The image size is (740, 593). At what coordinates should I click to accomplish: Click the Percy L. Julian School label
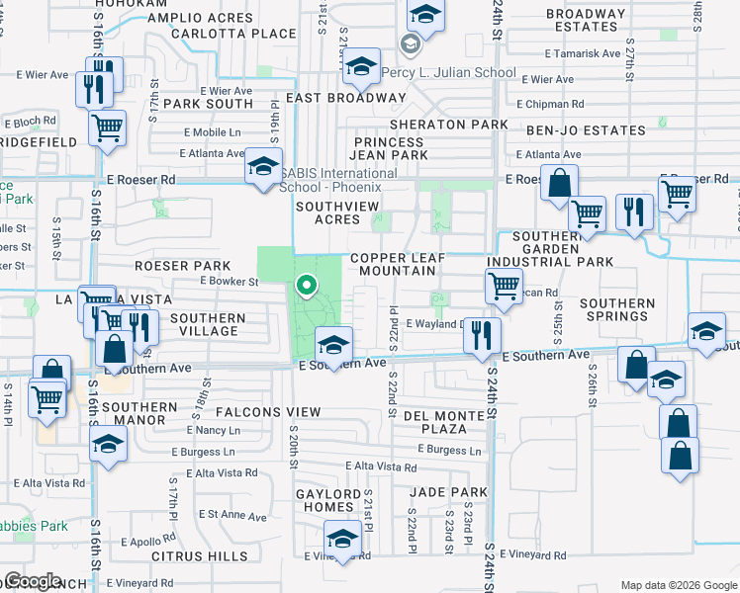[462, 72]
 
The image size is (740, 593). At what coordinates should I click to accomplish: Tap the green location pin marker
[307, 287]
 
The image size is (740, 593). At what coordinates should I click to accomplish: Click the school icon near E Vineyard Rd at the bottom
[342, 540]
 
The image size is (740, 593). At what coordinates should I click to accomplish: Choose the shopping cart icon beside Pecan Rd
[505, 286]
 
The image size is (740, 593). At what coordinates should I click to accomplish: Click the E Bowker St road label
[229, 282]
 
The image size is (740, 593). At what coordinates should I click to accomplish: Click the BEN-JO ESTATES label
[573, 129]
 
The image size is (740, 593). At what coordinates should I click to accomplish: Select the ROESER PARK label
[183, 266]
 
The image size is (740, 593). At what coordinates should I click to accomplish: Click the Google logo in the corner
[33, 581]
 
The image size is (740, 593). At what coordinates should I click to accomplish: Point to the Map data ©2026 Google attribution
[678, 584]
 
